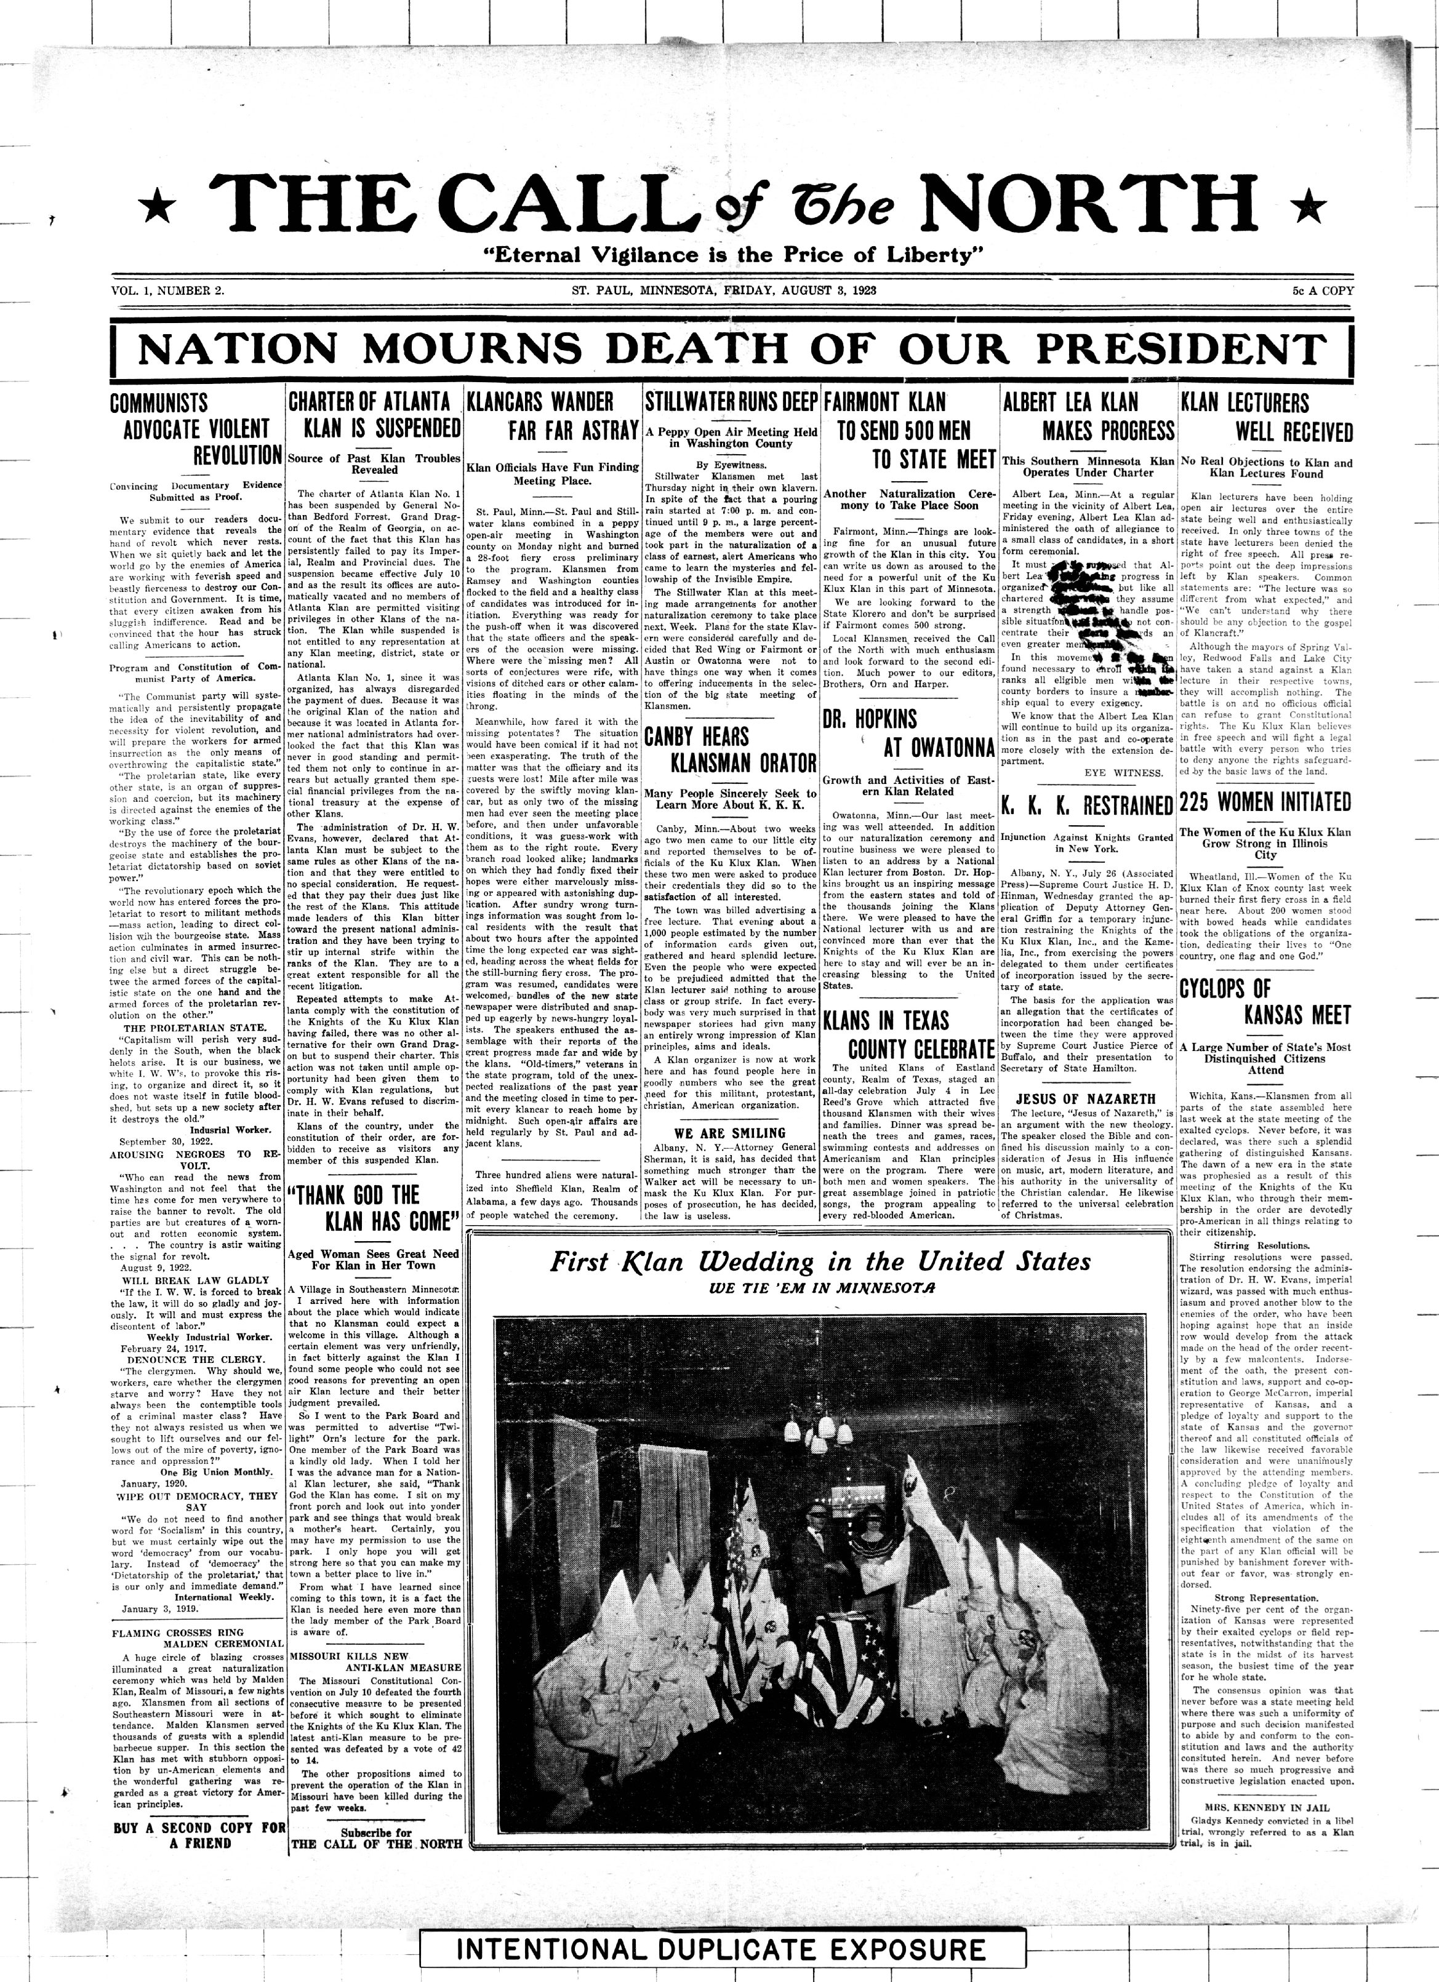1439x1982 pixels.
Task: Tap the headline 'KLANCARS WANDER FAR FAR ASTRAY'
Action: click(x=553, y=416)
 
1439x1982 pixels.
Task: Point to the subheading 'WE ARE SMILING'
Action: click(x=731, y=1133)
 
